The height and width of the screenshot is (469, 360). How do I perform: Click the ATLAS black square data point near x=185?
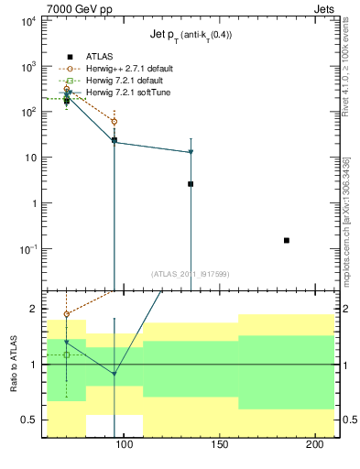287,240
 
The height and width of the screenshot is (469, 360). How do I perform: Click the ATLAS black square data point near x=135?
191,184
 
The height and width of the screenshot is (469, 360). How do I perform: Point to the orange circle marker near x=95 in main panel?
115,121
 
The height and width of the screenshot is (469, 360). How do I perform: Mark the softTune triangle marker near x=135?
191,152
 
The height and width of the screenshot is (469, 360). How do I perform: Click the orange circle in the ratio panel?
66,314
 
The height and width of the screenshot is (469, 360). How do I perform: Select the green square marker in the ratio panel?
66,354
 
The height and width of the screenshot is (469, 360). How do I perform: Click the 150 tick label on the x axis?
219,445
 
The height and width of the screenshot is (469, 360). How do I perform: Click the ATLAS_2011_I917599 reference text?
191,273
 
